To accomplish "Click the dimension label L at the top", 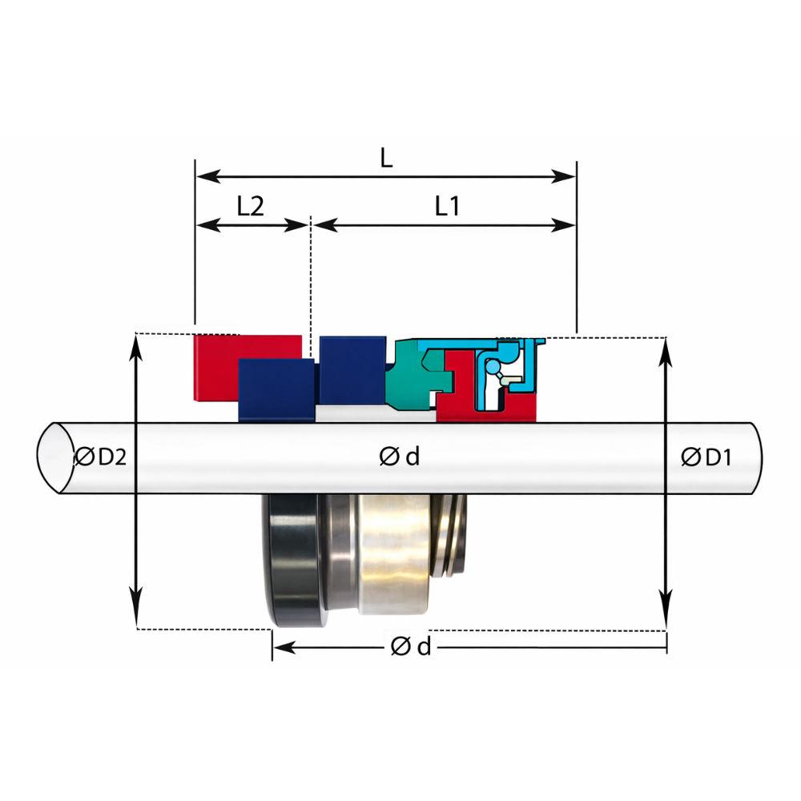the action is click(387, 158).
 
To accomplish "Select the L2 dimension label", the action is click(250, 206).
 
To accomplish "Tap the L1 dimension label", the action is click(447, 206).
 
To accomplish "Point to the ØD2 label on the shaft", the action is click(101, 457).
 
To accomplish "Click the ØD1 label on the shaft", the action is click(706, 457).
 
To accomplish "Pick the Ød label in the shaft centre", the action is click(400, 457).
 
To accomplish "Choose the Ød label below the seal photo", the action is click(411, 646).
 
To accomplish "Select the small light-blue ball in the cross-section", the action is click(493, 367).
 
